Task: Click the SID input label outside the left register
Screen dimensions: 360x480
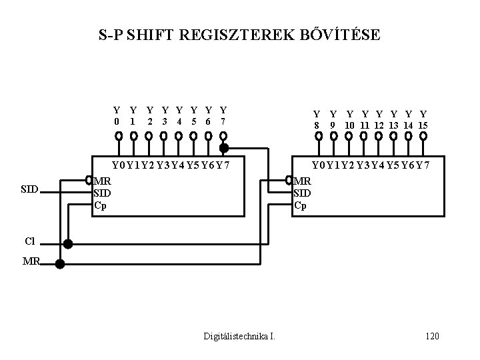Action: tap(29, 190)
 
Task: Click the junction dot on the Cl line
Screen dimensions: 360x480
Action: tap(67, 244)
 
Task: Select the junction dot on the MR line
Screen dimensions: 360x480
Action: tap(59, 264)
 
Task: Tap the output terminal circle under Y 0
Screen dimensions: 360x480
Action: tap(118, 136)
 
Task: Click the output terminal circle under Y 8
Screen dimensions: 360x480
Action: tap(318, 136)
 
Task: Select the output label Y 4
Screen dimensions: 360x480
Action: tap(179, 115)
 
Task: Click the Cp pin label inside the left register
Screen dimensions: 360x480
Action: tap(100, 205)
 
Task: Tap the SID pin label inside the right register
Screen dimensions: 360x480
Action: tap(303, 193)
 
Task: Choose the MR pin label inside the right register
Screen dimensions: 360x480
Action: tap(303, 181)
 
